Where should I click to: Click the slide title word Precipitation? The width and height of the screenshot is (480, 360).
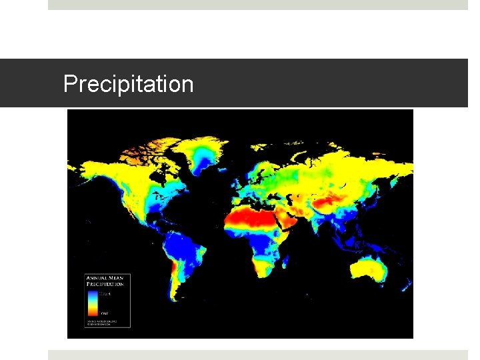(x=128, y=85)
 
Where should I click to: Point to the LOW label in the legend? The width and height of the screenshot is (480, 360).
(x=104, y=312)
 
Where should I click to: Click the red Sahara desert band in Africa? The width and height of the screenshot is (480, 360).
(x=250, y=217)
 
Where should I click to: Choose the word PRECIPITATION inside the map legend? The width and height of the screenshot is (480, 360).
(x=105, y=284)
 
